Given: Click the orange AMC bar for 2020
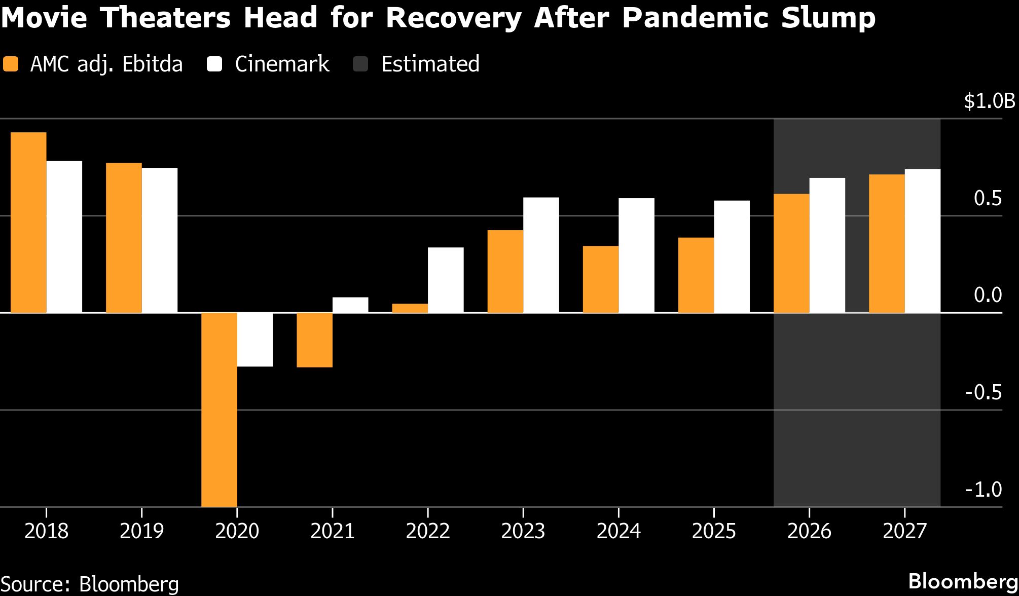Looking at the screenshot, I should tap(219, 409).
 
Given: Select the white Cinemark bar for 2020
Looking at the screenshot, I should tap(255, 340).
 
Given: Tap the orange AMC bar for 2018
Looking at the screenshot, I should tap(28, 222).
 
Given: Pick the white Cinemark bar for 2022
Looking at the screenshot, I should tap(446, 280).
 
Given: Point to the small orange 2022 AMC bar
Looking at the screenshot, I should tap(410, 308).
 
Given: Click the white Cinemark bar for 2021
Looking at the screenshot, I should tap(350, 305).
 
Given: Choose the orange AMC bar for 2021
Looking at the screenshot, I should tap(314, 340).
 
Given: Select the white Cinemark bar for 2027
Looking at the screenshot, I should tap(923, 241).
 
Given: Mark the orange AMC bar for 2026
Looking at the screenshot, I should tap(791, 253).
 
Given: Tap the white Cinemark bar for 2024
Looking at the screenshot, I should tap(636, 255).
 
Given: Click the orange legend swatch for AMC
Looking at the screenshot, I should tap(11, 64).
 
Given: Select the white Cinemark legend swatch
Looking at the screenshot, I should tap(214, 64).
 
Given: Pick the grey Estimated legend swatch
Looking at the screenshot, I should tap(360, 64).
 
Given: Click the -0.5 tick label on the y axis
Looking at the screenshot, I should tap(984, 392).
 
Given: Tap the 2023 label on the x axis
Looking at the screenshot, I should tap(523, 531).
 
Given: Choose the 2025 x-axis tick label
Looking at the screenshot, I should tap(714, 531).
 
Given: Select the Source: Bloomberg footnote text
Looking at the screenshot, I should tap(90, 584).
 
